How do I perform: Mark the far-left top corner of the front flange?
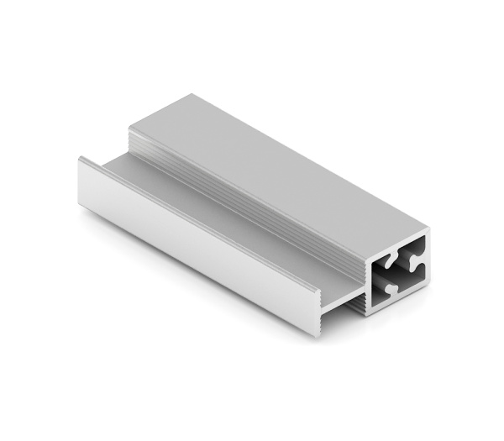point(81,157)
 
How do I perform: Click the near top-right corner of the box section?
point(430,227)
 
